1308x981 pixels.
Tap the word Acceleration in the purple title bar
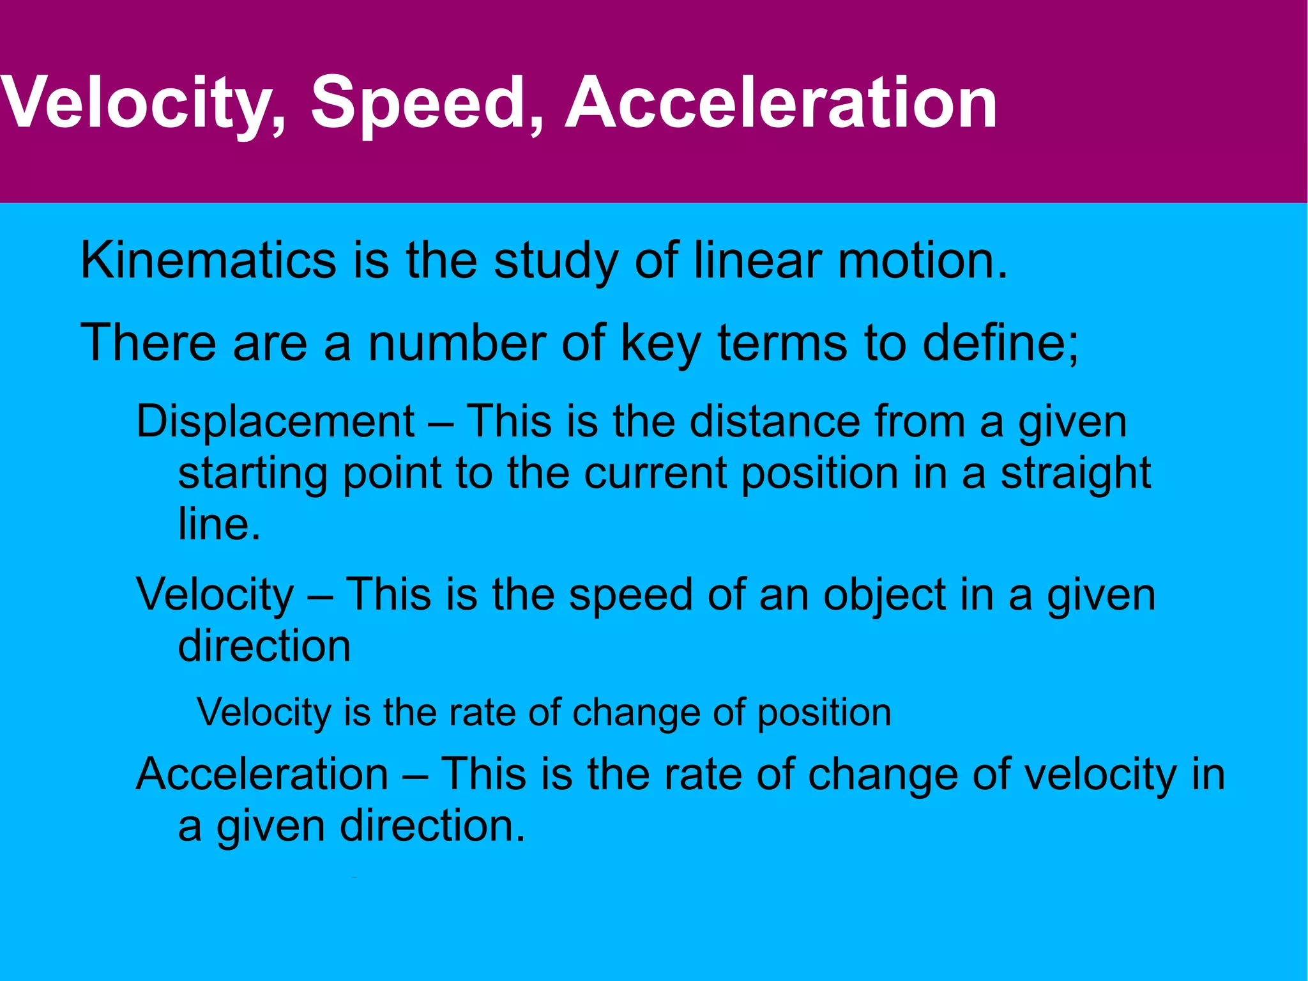pos(780,102)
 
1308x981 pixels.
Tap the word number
pos(457,343)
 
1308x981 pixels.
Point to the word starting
pos(253,474)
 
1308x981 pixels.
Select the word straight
pos(1076,474)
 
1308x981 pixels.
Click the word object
pos(884,595)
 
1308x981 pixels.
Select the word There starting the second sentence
pos(149,343)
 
